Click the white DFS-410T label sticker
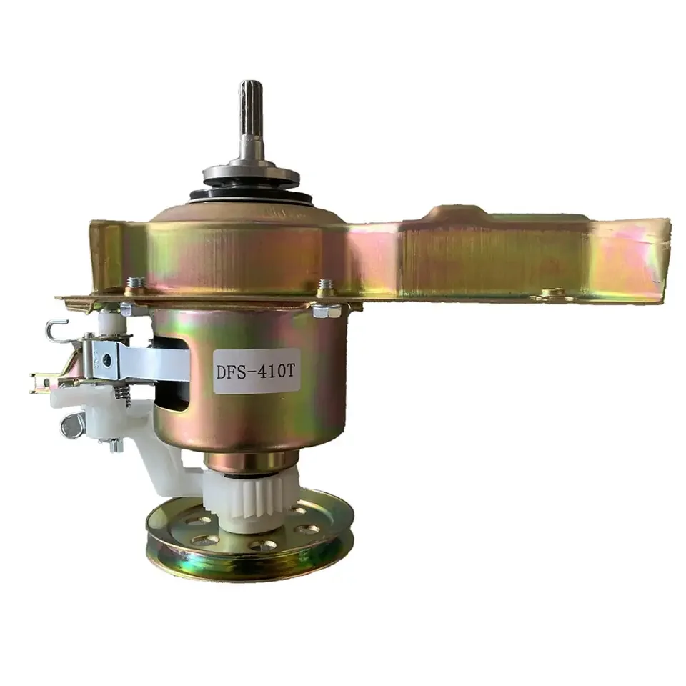[257, 372]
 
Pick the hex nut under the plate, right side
[327, 312]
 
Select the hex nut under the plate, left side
[127, 310]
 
